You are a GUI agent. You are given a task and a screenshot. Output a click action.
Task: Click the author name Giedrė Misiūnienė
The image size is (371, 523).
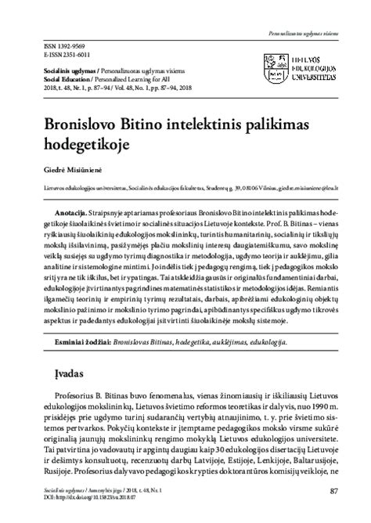(x=59, y=168)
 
